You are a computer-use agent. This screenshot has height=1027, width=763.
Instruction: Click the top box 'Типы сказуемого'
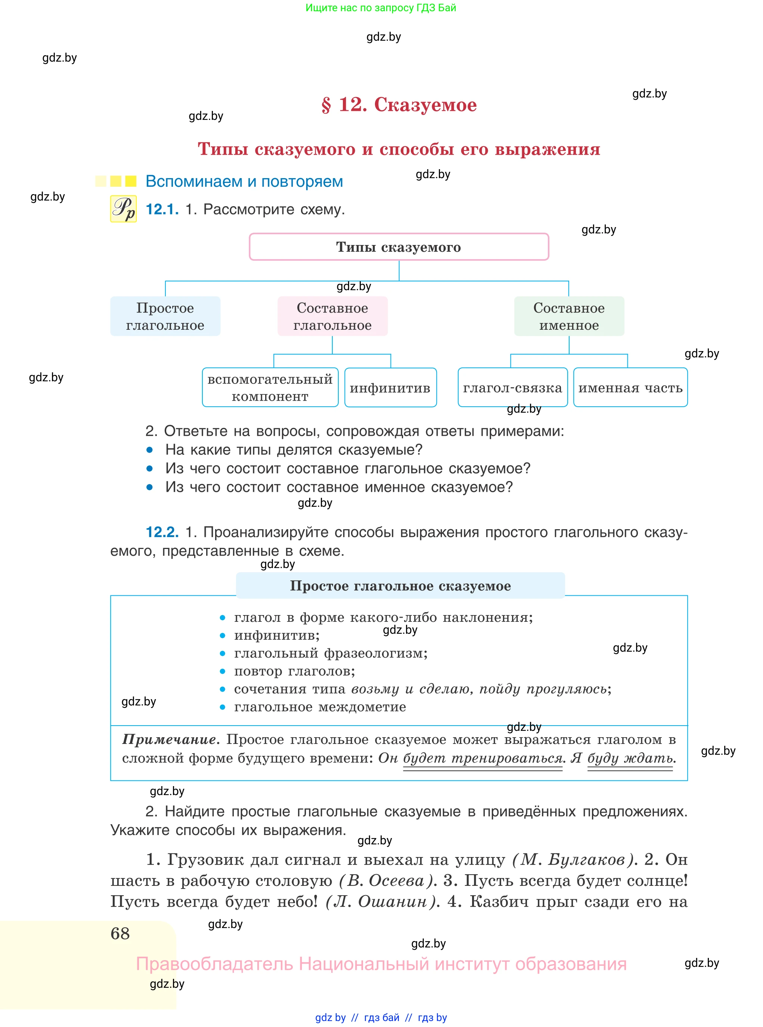tap(398, 247)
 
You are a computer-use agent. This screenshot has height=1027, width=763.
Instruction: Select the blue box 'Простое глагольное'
tap(165, 316)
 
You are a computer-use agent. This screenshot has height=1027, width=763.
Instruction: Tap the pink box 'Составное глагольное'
tap(332, 316)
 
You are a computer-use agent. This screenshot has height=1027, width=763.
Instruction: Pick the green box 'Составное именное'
tap(569, 316)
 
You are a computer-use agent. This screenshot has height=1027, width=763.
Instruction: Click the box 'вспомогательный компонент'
tap(270, 387)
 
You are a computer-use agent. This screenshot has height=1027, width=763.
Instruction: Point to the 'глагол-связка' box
tap(513, 387)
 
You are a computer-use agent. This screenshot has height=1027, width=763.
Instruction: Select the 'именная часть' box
tap(630, 387)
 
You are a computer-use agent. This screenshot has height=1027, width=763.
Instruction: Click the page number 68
tap(120, 933)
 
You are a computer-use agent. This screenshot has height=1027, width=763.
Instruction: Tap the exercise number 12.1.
tap(162, 209)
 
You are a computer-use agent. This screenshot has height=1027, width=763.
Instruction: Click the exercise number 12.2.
tap(162, 532)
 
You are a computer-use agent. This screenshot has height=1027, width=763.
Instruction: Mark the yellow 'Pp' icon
tap(123, 209)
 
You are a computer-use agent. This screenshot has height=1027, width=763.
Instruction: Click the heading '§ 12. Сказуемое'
tap(398, 105)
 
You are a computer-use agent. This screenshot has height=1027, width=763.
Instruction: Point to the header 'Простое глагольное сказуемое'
tap(400, 586)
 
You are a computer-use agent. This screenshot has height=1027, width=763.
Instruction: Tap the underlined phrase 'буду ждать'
tap(630, 758)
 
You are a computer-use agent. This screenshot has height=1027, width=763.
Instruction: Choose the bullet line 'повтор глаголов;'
tap(294, 671)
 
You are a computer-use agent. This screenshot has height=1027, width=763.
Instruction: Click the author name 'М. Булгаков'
tap(573, 859)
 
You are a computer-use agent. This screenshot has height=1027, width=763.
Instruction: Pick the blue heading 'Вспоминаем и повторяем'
tap(244, 181)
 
